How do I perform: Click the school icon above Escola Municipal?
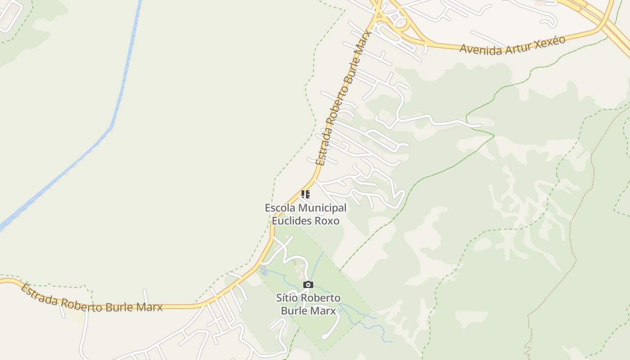(306, 194)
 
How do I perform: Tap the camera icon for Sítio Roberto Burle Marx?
(308, 284)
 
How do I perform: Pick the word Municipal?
(323, 208)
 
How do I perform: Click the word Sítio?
(288, 298)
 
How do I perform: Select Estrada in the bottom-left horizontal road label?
(40, 295)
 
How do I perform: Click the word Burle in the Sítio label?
(294, 310)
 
